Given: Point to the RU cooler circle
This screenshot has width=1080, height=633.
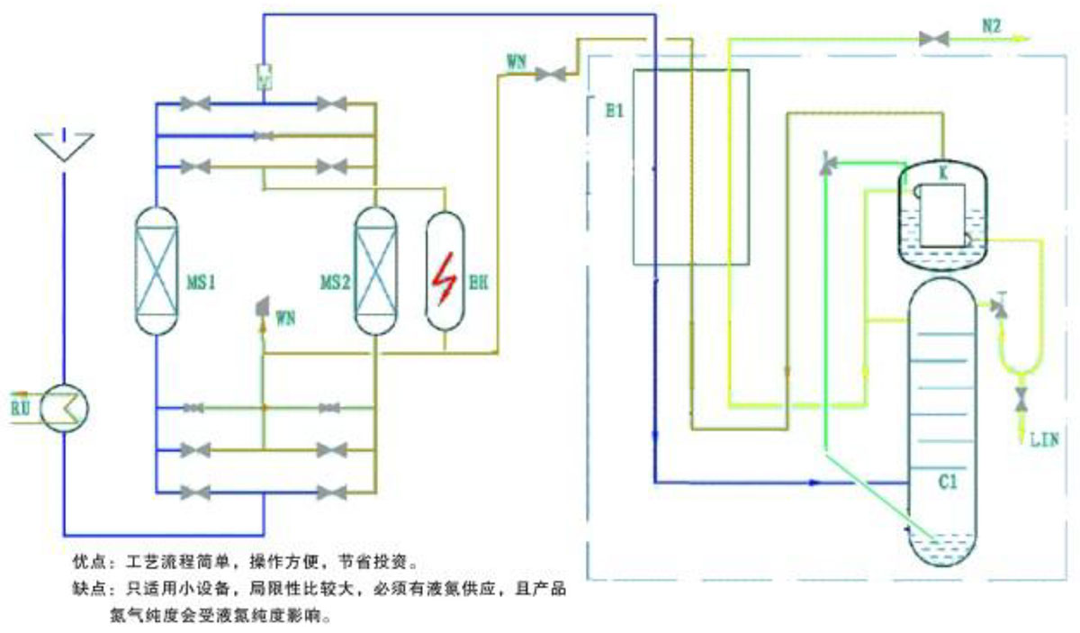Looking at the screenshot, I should pos(67,408).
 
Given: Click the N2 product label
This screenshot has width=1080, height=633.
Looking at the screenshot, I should pos(991,28).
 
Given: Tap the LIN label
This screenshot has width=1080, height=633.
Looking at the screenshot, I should pos(1045,439).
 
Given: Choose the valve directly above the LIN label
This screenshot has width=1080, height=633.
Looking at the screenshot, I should pos(1022,397).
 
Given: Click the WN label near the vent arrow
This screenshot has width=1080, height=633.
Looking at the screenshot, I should pos(285,317).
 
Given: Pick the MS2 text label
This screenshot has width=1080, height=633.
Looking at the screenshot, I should pos(335,284).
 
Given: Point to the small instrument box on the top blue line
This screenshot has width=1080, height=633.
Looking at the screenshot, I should pos(264,76).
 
